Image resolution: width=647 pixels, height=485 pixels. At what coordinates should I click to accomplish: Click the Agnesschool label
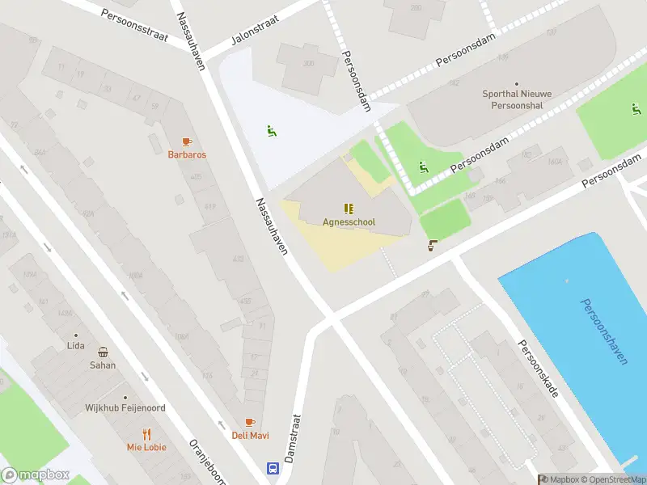pyautogui.click(x=349, y=222)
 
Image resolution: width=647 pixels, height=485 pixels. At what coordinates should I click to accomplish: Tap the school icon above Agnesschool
pyautogui.click(x=349, y=209)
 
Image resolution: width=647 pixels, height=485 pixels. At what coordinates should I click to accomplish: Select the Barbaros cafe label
pyautogui.click(x=187, y=154)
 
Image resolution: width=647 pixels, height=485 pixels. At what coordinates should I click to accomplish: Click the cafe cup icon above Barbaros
pyautogui.click(x=187, y=141)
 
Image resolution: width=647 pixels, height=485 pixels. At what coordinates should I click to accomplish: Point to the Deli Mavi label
pyautogui.click(x=250, y=436)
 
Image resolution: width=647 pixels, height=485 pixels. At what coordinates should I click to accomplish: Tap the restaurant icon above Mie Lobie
pyautogui.click(x=146, y=433)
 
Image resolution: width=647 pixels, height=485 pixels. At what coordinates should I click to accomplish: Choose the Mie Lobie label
pyautogui.click(x=146, y=447)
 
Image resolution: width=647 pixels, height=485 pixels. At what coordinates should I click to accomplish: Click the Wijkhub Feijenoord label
pyautogui.click(x=125, y=408)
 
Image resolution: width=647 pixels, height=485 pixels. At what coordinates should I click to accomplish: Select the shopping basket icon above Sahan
pyautogui.click(x=103, y=352)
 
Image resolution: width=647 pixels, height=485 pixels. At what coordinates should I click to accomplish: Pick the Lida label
pyautogui.click(x=76, y=346)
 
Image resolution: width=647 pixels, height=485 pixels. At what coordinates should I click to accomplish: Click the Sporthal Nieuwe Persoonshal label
pyautogui.click(x=517, y=99)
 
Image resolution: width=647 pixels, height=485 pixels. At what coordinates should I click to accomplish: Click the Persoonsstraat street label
pyautogui.click(x=133, y=27)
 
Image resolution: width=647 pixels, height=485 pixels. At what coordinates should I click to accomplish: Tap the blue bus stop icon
pyautogui.click(x=273, y=468)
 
